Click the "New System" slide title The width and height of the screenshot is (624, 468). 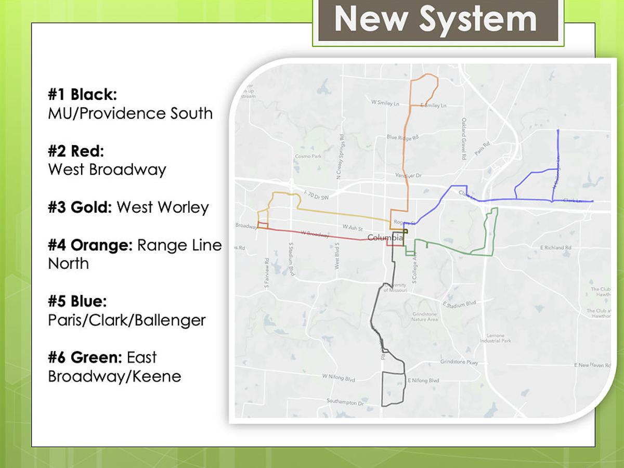435,19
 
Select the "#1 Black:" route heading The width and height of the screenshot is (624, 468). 82,95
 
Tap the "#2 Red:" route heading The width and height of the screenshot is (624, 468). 76,151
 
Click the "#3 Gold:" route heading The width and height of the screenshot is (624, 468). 80,207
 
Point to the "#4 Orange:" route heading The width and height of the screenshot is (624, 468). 90,245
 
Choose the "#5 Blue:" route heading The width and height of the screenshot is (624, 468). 77,301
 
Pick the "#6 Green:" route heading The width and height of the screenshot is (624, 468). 85,357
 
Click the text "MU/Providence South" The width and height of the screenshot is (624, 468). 130,113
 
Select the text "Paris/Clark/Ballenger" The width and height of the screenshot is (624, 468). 127,320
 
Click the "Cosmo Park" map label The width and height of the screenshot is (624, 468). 308,156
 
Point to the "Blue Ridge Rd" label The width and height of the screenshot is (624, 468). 402,138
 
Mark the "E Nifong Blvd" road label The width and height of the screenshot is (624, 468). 423,381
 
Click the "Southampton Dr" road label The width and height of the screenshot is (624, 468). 345,402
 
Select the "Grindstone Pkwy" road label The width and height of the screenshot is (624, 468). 459,362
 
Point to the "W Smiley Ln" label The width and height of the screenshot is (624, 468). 385,103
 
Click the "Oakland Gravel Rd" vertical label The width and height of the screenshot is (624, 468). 463,138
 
